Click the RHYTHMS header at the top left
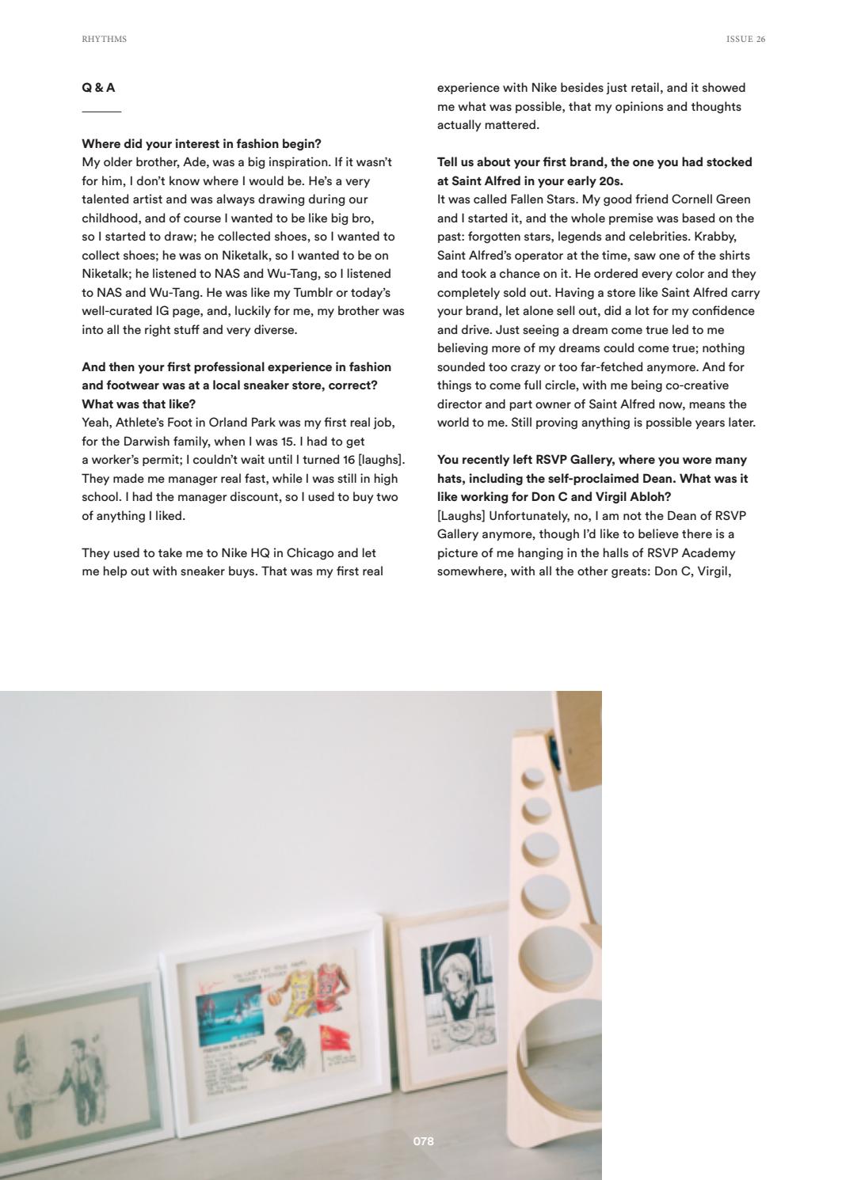click(x=104, y=39)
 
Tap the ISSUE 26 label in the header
click(x=745, y=39)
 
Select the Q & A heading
click(x=98, y=88)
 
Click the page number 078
click(x=424, y=1140)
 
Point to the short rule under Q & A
click(x=101, y=112)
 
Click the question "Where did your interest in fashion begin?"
click(x=201, y=144)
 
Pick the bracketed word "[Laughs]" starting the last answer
click(x=461, y=516)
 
